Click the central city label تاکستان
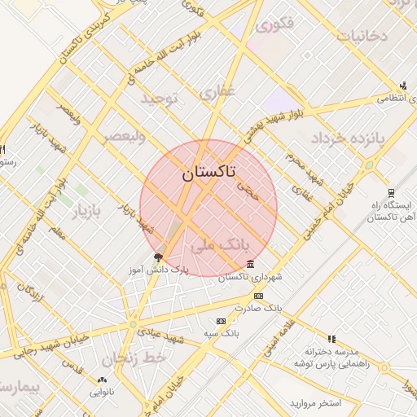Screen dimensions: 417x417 coord(208,172)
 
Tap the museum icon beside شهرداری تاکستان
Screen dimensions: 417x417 coord(249,265)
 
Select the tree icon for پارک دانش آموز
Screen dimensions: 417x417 coord(158,257)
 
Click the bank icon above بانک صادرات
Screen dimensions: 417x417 coord(259,296)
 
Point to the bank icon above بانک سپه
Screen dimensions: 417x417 coord(221,322)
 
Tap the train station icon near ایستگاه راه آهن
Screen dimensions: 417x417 coord(392,194)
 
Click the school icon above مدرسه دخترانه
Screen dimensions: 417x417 coord(331,338)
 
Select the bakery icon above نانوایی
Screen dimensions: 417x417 coord(102,380)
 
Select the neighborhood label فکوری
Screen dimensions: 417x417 coord(274,25)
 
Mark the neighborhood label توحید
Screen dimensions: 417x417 coord(159,99)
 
